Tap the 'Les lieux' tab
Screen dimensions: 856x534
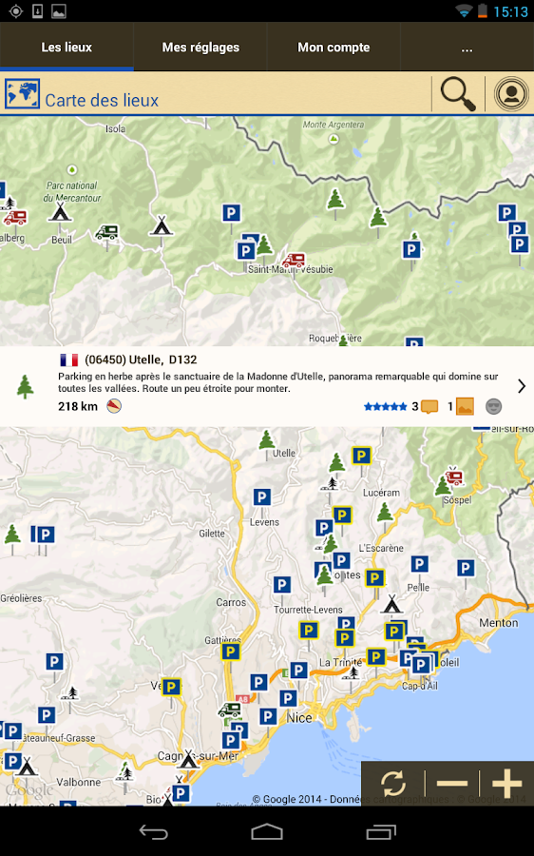pos(67,48)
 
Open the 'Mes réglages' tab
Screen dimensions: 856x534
pos(200,48)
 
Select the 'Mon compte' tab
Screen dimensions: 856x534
pos(334,48)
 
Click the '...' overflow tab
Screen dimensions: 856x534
pos(467,48)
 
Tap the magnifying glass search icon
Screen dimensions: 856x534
pos(458,94)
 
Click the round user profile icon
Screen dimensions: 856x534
pos(511,94)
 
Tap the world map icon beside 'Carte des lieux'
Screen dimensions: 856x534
pos(23,94)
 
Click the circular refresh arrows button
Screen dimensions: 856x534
pos(393,784)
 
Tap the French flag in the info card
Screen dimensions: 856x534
pos(68,360)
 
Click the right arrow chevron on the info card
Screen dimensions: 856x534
pos(522,385)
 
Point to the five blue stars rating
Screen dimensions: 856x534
pos(385,407)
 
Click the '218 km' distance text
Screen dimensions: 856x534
pos(78,407)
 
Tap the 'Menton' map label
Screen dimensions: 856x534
pos(499,623)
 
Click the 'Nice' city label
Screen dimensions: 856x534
pos(299,717)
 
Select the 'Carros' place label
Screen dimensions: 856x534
pos(231,602)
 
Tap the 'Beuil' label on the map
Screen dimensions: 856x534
pos(61,240)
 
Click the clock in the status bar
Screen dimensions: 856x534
pos(511,11)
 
